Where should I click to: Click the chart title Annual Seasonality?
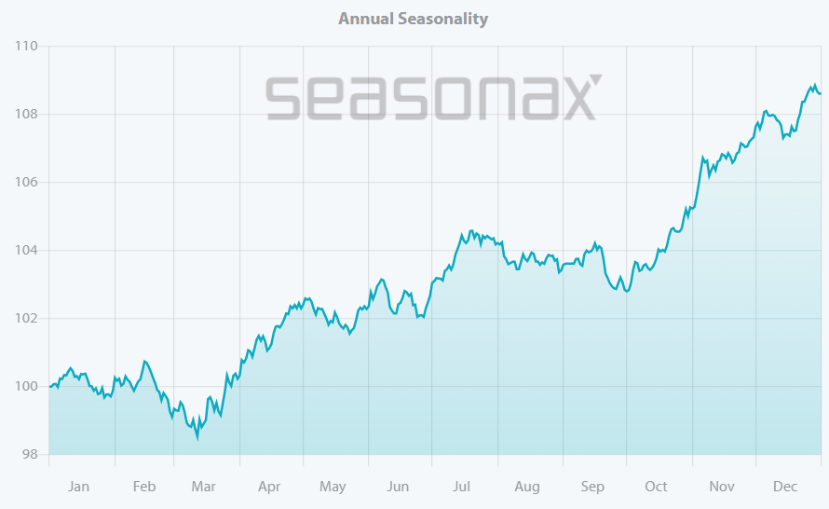tap(413, 19)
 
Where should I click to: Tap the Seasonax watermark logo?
tap(434, 98)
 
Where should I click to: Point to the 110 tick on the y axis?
tap(26, 46)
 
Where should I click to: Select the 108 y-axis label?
tap(26, 114)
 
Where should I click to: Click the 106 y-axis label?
tap(26, 182)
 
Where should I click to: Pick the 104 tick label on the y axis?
tap(26, 250)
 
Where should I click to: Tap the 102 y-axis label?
tap(26, 318)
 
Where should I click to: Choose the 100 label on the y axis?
tap(26, 386)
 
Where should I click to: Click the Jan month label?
tap(79, 487)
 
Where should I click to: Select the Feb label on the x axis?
tap(144, 487)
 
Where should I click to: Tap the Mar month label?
tap(203, 487)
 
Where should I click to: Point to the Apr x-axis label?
tap(269, 487)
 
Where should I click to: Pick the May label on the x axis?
tap(333, 487)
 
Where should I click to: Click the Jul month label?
tap(462, 487)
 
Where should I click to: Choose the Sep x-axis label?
tap(592, 487)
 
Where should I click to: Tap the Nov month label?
tap(722, 487)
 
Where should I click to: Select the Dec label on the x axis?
tap(785, 487)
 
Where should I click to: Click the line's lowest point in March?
tap(197, 436)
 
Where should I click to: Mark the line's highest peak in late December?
tap(814, 85)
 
